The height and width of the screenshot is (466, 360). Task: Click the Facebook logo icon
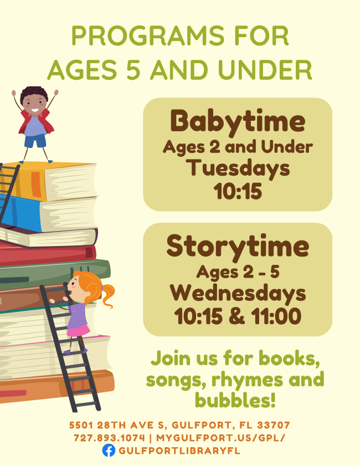point(109,450)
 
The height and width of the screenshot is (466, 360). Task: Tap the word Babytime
point(238,121)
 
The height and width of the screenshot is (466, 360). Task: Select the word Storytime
point(238,247)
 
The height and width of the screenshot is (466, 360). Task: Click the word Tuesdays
point(238,168)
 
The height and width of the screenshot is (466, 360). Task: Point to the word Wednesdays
point(238,293)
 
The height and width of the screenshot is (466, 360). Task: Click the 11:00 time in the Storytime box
point(276,316)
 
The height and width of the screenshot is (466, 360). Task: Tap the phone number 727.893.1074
point(109,438)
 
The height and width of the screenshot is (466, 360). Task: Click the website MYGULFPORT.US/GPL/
point(220,438)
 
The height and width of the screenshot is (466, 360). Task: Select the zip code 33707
point(273,425)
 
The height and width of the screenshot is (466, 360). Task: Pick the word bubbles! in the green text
point(235,400)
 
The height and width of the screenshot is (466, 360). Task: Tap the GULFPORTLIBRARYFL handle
point(179,450)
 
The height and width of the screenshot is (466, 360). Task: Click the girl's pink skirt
point(78,330)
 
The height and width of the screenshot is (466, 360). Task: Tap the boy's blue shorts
point(35,141)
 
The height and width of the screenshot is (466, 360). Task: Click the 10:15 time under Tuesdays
point(238,191)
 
